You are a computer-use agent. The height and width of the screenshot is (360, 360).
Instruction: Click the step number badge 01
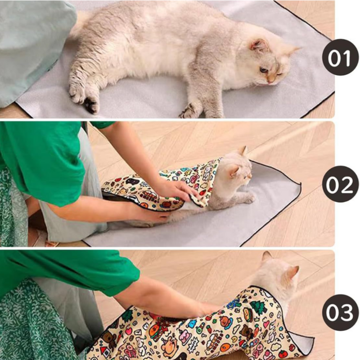click(340, 57)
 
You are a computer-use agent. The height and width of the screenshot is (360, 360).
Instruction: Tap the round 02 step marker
click(340, 184)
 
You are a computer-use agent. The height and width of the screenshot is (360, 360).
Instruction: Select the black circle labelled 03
click(340, 312)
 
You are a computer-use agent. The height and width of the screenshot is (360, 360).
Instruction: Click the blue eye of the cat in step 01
click(264, 69)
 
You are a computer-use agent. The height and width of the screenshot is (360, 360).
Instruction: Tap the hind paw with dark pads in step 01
click(91, 104)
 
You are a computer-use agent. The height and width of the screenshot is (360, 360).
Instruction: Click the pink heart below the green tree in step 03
click(266, 324)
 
